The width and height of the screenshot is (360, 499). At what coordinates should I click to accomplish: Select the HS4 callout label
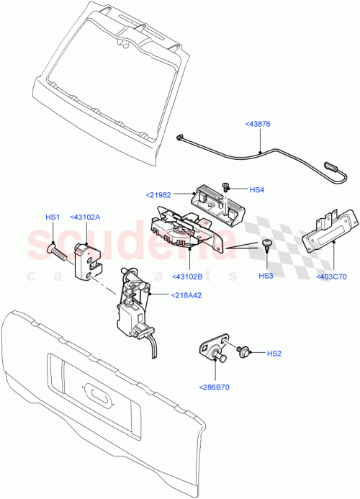258,189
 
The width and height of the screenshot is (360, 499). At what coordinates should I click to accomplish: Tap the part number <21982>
159,194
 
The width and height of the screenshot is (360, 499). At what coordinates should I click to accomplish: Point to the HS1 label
53,217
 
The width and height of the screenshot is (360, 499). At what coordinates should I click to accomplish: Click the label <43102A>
84,217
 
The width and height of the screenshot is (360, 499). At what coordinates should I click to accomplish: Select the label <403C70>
330,276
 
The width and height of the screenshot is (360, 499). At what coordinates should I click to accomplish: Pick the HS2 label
274,354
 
